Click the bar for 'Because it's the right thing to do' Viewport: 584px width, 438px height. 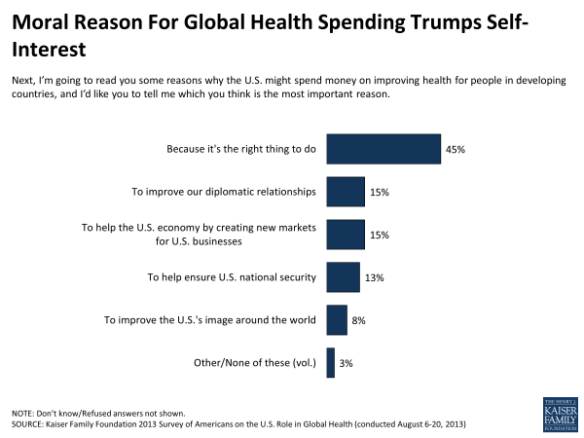383,149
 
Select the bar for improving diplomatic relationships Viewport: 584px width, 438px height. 346,192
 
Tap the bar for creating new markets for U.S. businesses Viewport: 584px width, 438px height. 346,235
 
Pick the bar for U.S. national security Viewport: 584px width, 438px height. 343,277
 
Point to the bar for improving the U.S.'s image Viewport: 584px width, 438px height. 337,319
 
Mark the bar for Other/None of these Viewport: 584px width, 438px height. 331,362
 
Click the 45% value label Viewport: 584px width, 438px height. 456,150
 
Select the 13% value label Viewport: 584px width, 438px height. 375,278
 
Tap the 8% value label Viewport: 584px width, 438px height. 359,320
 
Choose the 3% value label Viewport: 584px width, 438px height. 347,363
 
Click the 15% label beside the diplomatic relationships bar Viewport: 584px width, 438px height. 380,193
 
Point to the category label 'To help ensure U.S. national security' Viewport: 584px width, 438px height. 232,277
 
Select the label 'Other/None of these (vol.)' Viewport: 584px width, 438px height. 253,362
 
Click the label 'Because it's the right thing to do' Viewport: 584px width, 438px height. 242,149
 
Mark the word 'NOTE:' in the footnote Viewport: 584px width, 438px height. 24,413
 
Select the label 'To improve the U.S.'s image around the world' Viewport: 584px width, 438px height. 210,319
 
